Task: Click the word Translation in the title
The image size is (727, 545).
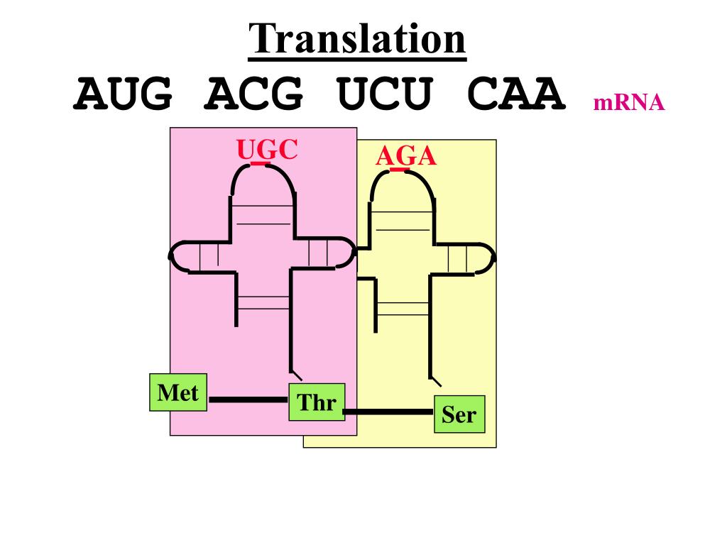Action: pos(358,39)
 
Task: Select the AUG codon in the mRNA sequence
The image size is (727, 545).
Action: pos(123,94)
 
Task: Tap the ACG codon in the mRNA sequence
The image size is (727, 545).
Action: pos(253,94)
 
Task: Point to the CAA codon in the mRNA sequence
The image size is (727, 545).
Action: pos(517,94)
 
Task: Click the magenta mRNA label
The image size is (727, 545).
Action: pos(629,103)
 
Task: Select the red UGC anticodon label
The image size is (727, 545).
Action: pos(267,150)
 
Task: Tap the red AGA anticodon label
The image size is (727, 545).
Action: pos(405,156)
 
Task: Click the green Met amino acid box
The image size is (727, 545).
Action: pos(177,392)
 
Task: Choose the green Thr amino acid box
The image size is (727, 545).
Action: pos(317,402)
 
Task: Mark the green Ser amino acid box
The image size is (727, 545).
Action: pos(459,414)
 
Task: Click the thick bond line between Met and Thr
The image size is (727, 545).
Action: pos(248,400)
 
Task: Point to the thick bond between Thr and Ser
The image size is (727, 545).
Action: pos(388,412)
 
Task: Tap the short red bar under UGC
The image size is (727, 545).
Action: pos(261,164)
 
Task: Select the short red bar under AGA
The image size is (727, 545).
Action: pos(400,170)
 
